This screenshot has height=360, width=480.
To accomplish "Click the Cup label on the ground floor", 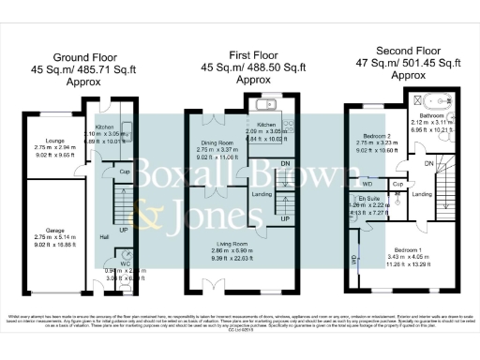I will pos(123,172).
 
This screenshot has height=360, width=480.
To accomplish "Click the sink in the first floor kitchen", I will pos(267,106).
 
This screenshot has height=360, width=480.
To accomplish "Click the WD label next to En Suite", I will pos(367,183).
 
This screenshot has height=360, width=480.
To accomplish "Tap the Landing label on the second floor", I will pos(422,194).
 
